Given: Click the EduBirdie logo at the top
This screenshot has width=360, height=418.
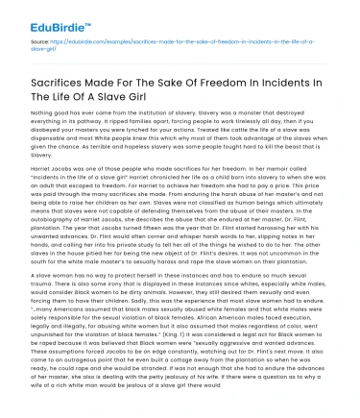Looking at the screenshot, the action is (45, 17).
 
